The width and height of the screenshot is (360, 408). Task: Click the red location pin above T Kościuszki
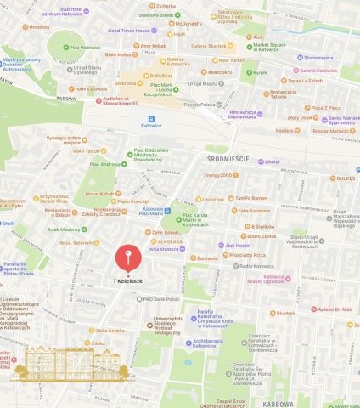127,257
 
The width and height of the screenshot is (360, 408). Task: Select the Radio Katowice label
254,266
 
